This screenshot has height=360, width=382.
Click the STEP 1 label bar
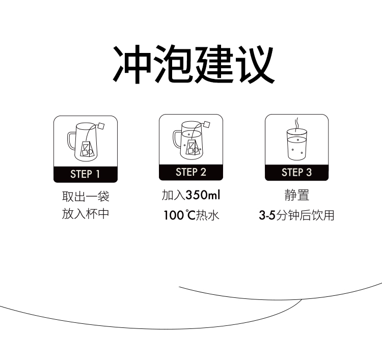(x=86, y=174)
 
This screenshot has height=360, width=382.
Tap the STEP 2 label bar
(x=191, y=173)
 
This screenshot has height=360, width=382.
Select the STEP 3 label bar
(x=297, y=173)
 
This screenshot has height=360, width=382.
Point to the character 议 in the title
(x=256, y=64)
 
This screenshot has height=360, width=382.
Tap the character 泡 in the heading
(x=173, y=64)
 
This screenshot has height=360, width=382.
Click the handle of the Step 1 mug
(x=71, y=141)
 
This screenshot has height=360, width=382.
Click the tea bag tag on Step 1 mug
(x=101, y=126)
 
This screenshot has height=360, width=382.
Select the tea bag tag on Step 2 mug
(x=207, y=124)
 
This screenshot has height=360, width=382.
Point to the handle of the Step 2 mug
(x=177, y=140)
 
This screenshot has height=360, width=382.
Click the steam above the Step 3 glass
(x=296, y=124)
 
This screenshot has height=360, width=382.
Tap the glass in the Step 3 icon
(x=297, y=145)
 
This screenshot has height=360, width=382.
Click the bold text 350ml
(x=203, y=195)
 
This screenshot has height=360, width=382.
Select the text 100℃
(x=180, y=215)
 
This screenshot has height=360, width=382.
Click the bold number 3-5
(x=267, y=215)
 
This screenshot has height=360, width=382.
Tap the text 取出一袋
(x=86, y=197)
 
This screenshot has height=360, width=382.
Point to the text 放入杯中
(x=86, y=214)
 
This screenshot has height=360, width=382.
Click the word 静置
(x=297, y=196)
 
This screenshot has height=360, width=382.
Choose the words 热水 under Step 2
(x=208, y=215)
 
